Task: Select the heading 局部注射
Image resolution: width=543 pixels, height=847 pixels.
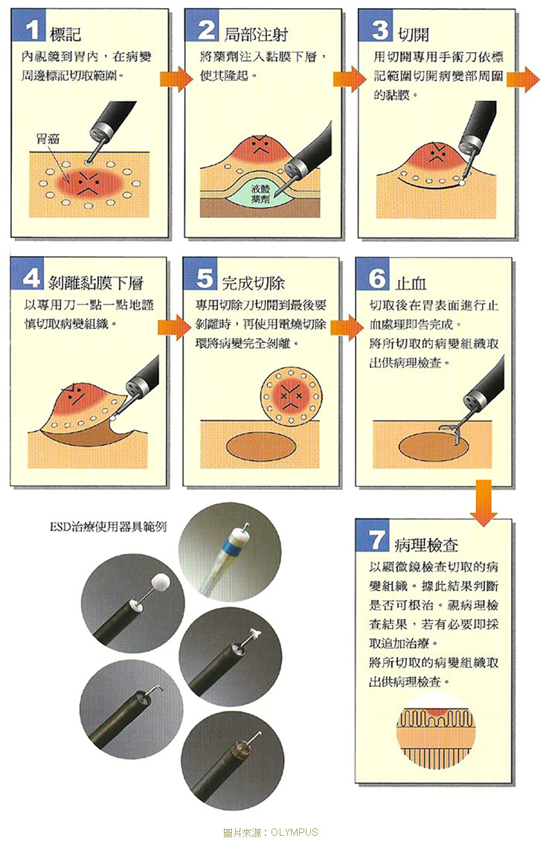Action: click(254, 33)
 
